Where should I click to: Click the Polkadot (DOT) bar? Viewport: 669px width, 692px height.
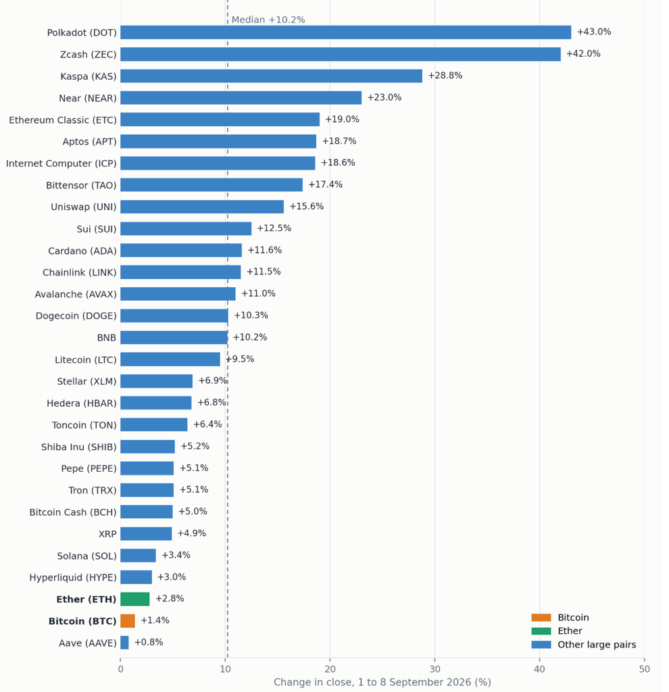point(345,32)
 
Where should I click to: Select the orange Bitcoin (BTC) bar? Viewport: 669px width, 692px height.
point(128,620)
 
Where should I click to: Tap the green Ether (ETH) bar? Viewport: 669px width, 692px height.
point(135,599)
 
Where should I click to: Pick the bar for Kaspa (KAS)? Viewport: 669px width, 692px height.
point(272,76)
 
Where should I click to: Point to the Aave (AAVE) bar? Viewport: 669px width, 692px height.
point(124,643)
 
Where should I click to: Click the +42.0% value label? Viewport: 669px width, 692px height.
point(583,54)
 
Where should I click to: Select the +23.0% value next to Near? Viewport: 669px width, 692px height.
point(384,97)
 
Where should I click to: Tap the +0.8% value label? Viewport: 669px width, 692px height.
point(148,642)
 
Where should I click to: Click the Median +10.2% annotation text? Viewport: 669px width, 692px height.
point(268,20)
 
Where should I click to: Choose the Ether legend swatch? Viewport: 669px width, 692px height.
point(541,631)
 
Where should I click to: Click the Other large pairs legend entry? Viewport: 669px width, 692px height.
point(584,645)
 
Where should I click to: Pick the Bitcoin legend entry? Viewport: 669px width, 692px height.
point(560,618)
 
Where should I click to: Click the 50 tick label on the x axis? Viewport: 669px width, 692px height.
point(644,669)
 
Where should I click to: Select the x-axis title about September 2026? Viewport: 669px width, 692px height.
point(382,683)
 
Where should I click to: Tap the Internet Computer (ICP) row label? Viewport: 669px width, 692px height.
point(61,164)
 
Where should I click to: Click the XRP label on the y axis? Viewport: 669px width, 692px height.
point(107,534)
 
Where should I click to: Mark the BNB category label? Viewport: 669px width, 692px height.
point(107,338)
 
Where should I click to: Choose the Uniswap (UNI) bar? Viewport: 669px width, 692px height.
point(202,207)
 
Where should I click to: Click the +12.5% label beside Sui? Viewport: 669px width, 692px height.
point(274,228)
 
